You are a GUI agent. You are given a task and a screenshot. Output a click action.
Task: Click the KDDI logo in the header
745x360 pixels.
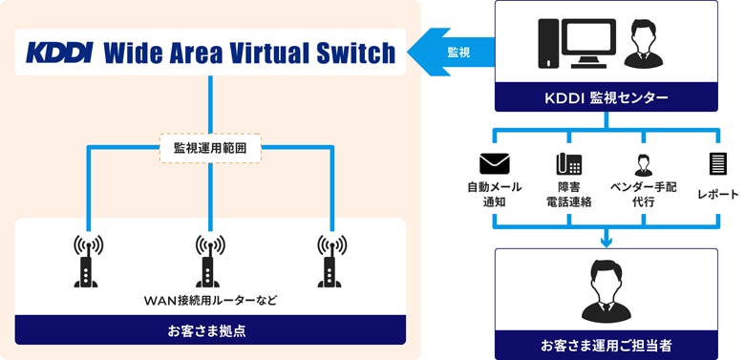tap(58, 52)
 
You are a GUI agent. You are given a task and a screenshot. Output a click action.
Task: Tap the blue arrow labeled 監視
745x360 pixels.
tap(453, 52)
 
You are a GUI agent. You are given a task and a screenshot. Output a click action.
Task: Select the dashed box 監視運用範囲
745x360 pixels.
tap(210, 148)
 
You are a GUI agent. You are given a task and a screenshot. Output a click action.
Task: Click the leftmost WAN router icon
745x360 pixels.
tap(87, 260)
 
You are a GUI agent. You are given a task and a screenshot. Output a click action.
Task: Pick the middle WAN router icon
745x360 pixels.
tap(210, 260)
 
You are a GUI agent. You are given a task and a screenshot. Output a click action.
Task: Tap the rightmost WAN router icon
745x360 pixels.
tap(331, 260)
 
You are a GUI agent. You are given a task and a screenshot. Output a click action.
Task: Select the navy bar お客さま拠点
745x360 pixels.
tap(210, 330)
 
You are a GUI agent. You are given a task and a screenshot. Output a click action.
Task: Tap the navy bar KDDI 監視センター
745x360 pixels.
tap(606, 97)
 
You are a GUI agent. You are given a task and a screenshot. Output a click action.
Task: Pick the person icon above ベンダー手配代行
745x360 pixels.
tap(642, 163)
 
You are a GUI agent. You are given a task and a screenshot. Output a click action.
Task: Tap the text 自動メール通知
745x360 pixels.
tap(494, 194)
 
